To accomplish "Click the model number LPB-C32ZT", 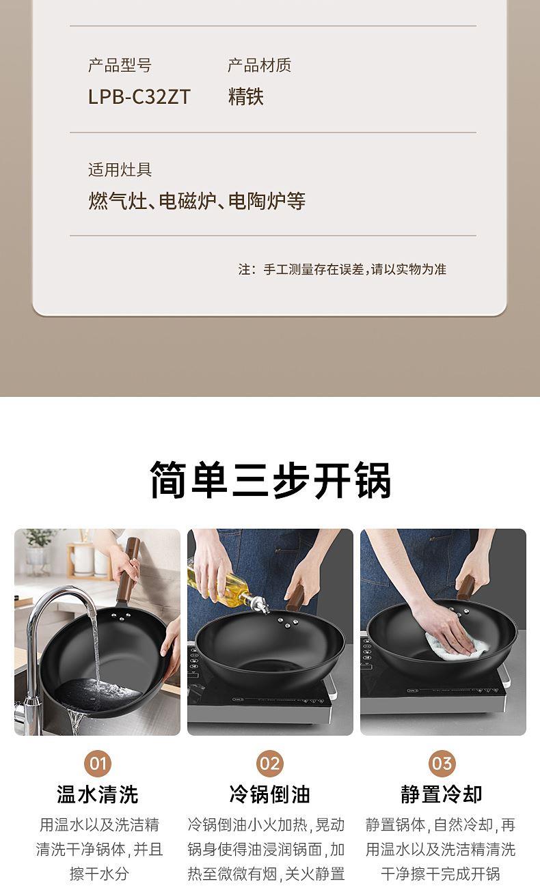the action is [x=139, y=97].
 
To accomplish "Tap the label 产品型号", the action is [x=120, y=66].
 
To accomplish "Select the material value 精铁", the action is [x=246, y=97].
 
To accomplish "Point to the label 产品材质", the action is [x=260, y=66].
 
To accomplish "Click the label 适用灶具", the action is [x=120, y=169].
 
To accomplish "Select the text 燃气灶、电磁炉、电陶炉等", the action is [x=197, y=201].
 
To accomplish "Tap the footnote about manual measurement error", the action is [x=342, y=270].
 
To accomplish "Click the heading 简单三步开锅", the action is [x=270, y=480].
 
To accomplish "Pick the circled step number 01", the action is [x=98, y=764].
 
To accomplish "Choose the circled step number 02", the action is [x=270, y=764].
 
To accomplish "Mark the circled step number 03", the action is [x=442, y=764].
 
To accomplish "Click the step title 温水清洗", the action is [x=98, y=794].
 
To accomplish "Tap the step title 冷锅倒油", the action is [x=270, y=794].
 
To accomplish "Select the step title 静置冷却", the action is [x=442, y=794].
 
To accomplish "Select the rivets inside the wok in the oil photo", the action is [x=287, y=623].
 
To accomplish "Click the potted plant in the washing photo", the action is [x=38, y=549].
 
